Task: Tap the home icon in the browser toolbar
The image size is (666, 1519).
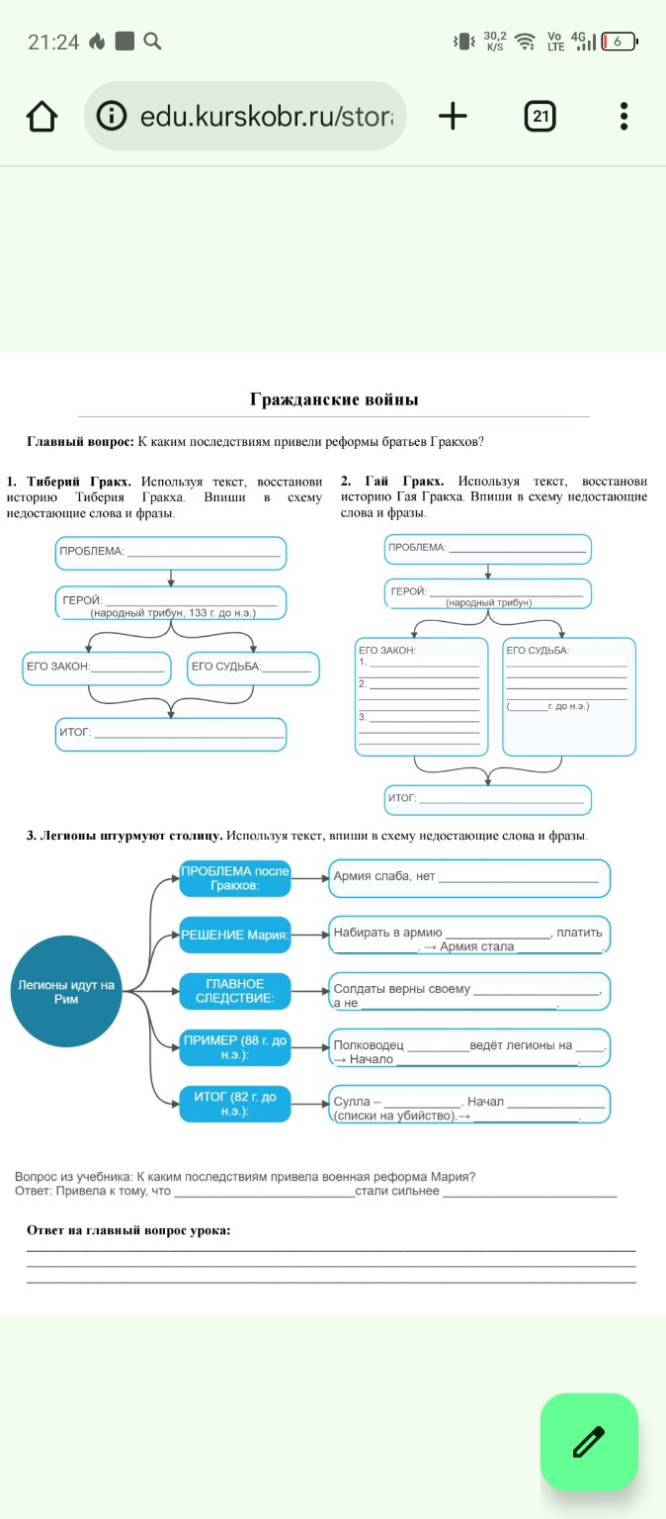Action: (42, 116)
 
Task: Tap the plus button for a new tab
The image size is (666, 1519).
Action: (452, 116)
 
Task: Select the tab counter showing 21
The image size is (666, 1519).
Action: (540, 116)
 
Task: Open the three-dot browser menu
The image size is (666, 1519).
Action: (624, 116)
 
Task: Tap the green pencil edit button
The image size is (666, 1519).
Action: (589, 1442)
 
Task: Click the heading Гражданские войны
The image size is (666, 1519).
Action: (334, 400)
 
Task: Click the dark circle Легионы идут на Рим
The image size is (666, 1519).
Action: (66, 992)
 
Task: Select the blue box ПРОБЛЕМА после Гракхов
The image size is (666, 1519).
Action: (234, 878)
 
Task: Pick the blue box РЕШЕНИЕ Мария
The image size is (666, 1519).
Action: (234, 935)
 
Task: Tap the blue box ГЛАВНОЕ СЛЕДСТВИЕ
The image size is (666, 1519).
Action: (234, 991)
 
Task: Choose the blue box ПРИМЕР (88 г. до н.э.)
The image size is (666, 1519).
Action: (234, 1047)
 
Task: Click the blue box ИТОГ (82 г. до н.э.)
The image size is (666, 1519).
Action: (234, 1104)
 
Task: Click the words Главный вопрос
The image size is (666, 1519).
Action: (79, 441)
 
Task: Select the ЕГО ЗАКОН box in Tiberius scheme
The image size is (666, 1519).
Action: (95, 668)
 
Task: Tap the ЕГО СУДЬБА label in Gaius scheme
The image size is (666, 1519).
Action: (538, 650)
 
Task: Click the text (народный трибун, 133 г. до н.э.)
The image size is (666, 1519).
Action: (173, 613)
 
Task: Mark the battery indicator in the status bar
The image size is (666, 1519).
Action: (620, 42)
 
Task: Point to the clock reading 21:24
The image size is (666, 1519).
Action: (53, 42)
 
